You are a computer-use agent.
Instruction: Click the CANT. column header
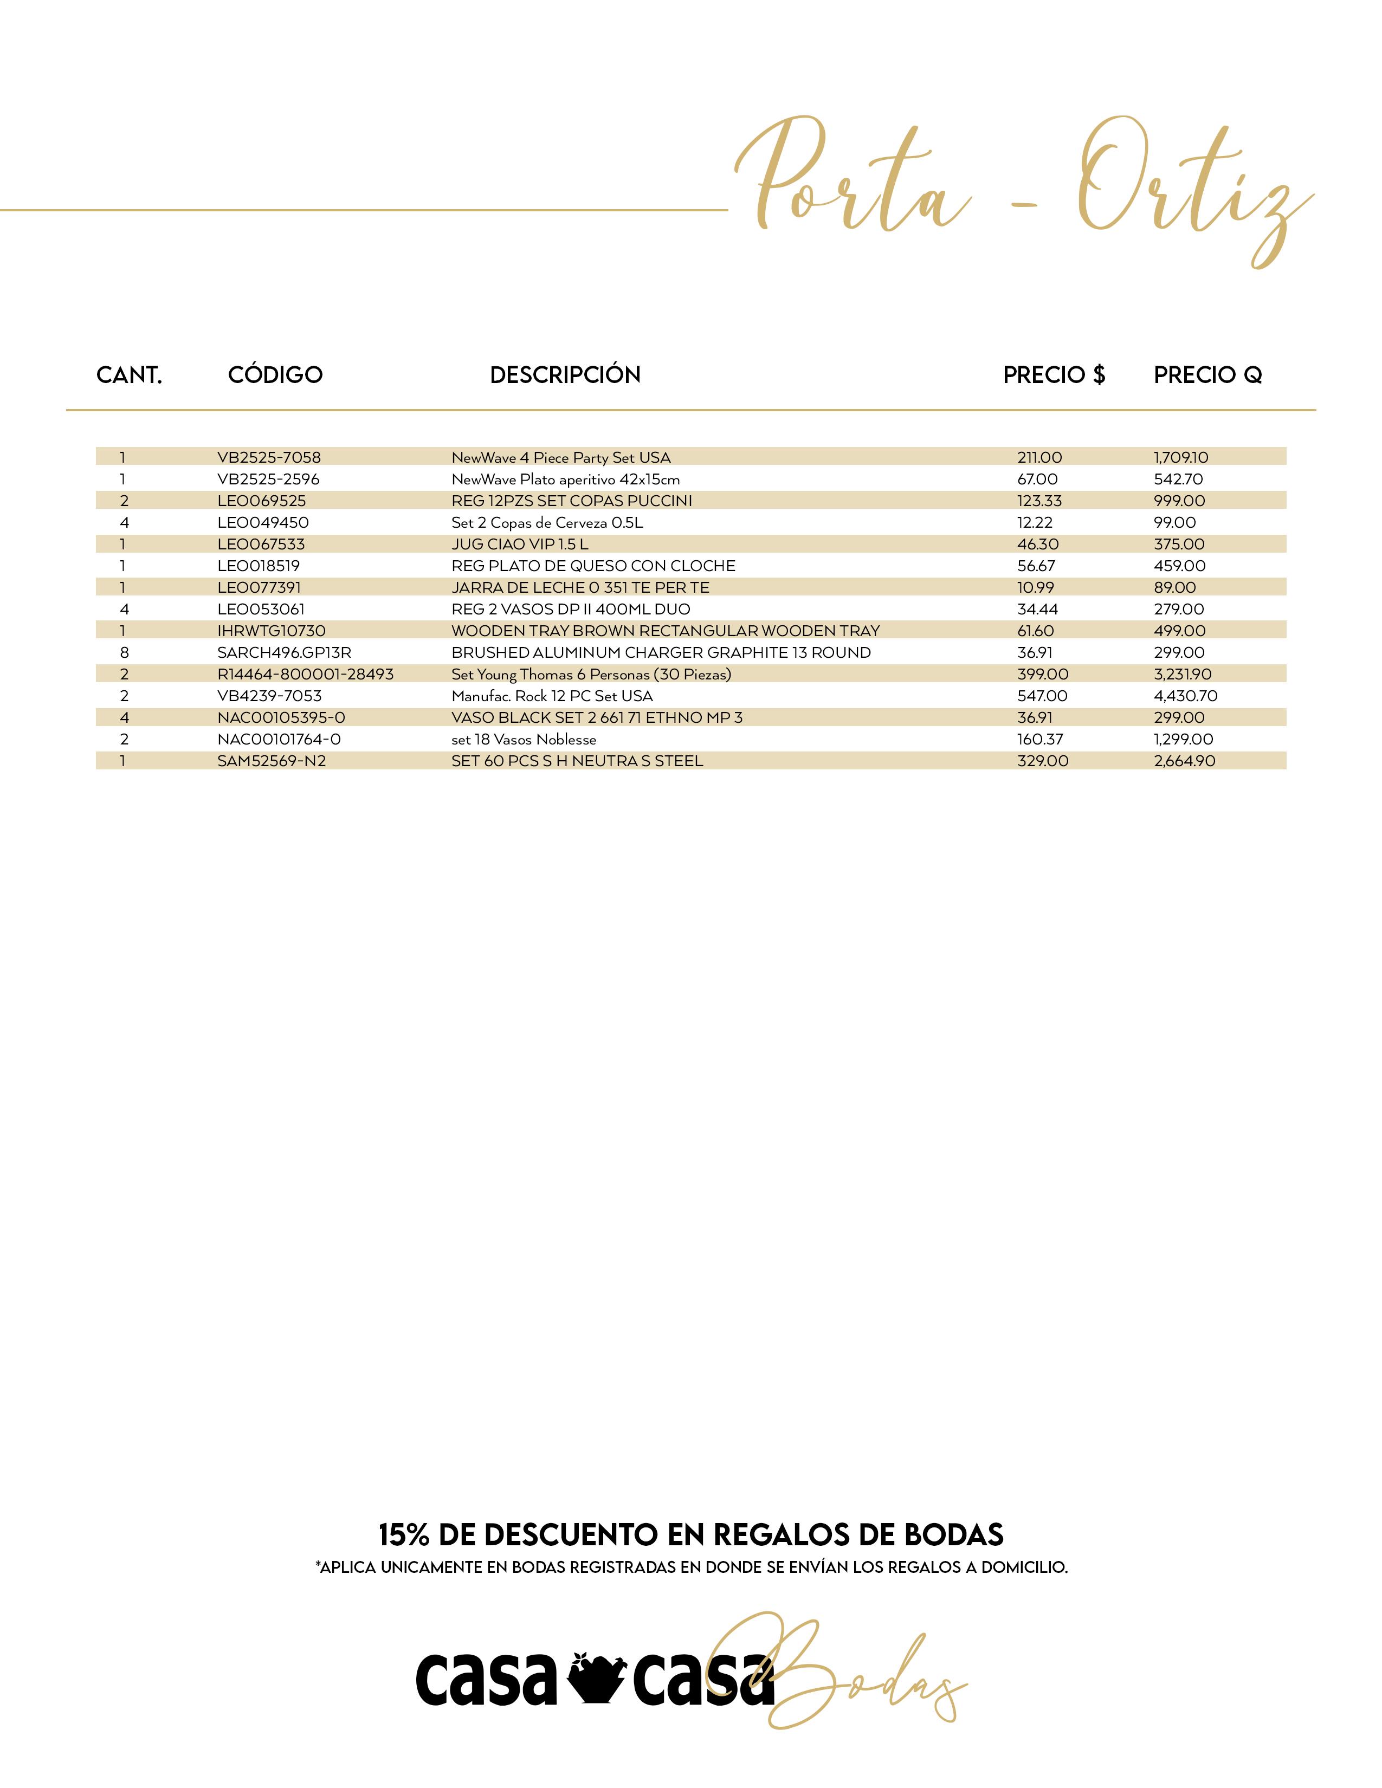click(x=130, y=375)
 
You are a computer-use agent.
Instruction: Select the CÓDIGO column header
click(x=275, y=375)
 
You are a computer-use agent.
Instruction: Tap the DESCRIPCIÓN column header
click(x=565, y=375)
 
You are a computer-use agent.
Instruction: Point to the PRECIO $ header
click(x=1054, y=375)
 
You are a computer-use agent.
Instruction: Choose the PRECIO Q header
click(x=1207, y=375)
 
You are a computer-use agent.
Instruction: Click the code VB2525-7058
click(x=268, y=458)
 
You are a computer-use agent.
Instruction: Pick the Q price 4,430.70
click(x=1185, y=696)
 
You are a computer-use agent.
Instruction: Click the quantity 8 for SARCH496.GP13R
click(x=125, y=652)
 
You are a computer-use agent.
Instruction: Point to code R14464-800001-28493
click(x=305, y=675)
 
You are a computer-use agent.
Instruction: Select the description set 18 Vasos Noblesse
click(x=524, y=739)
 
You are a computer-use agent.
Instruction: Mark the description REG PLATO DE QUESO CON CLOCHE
click(x=593, y=566)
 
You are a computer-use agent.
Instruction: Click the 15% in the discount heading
click(x=404, y=1534)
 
